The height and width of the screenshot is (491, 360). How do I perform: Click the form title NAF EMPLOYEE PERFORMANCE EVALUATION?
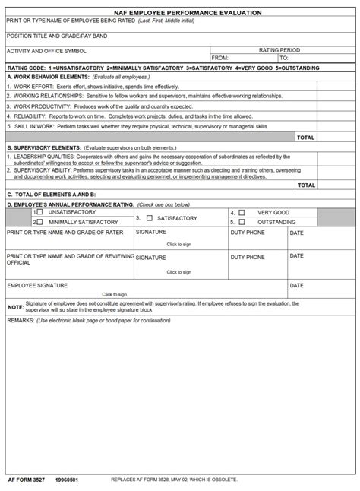(180, 13)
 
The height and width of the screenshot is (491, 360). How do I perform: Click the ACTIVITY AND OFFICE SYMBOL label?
(46, 51)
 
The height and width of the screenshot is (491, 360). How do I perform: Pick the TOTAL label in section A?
(305, 138)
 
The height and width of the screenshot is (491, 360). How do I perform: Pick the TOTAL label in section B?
(305, 185)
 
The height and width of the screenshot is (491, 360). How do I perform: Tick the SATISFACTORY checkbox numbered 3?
(150, 218)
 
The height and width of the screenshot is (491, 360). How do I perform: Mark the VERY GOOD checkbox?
(242, 212)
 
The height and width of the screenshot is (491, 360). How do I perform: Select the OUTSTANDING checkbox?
(242, 222)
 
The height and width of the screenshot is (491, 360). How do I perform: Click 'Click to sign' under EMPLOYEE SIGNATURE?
(114, 294)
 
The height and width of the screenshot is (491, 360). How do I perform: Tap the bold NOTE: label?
(15, 307)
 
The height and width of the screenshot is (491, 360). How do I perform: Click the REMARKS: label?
(20, 321)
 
